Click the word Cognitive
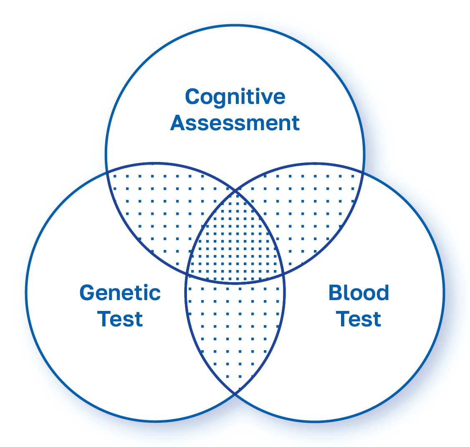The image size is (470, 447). coord(235,97)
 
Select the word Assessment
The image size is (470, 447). coord(235,123)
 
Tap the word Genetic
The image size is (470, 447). coord(120,293)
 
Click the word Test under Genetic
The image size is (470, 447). coord(120,319)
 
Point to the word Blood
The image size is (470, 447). coord(359,293)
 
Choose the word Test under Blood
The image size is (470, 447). coord(359,319)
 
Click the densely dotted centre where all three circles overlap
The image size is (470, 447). coord(235,242)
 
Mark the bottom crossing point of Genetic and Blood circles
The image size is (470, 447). coord(235,393)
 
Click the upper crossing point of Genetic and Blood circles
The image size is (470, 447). coord(235,192)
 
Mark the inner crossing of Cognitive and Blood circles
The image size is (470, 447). coord(283,274)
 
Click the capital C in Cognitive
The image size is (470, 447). coord(192,97)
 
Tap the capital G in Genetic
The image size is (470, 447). coord(87,293)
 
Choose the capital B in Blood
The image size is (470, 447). coord(336,293)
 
